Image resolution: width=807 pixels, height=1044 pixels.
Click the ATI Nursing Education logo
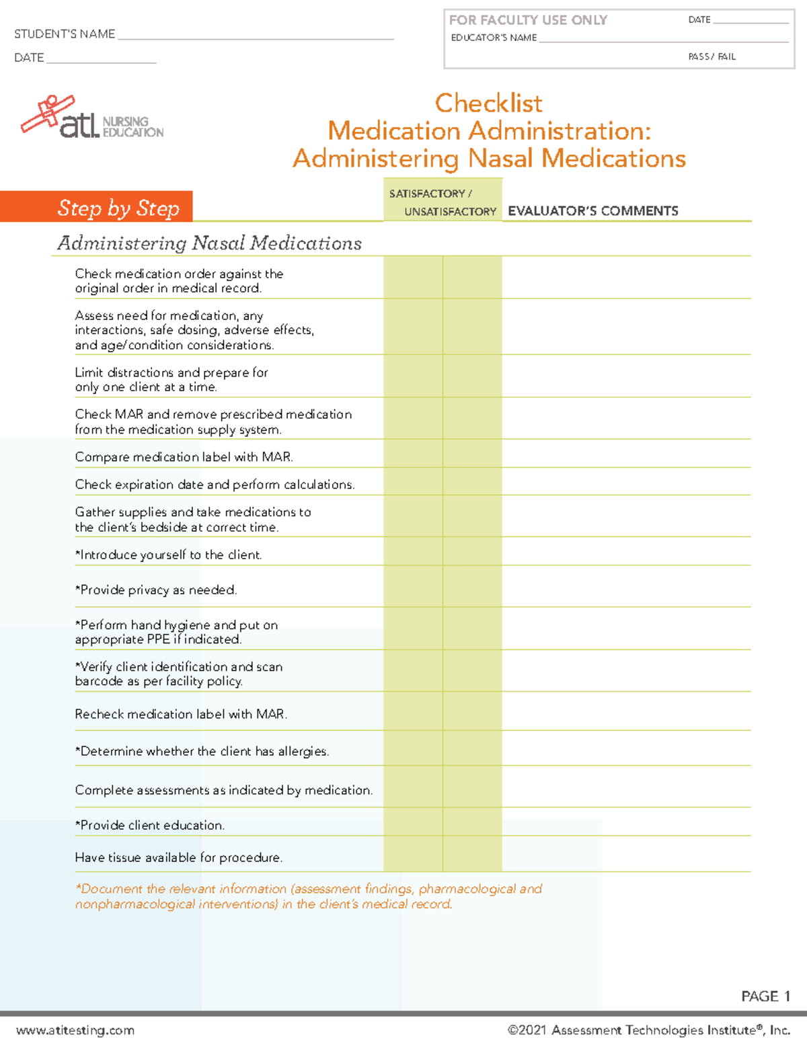tap(92, 118)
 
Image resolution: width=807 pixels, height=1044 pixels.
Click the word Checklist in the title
tap(488, 104)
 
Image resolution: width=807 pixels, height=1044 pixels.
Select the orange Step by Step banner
tap(97, 207)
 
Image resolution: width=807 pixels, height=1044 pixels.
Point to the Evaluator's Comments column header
tap(592, 211)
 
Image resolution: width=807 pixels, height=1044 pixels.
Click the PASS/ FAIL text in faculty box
tap(712, 57)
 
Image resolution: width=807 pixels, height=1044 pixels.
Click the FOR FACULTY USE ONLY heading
tap(528, 20)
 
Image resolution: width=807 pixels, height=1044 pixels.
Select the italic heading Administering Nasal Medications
tap(209, 243)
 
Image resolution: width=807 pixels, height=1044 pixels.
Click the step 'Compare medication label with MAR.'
tap(184, 457)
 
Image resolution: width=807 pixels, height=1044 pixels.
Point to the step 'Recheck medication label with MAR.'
tap(181, 714)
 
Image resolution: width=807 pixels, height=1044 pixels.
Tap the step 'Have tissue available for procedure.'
tap(178, 858)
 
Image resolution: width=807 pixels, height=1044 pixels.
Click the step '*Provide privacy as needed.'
tap(156, 590)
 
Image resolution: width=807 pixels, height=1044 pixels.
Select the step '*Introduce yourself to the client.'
tap(168, 555)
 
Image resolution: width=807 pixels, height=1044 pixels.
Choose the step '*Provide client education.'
tap(149, 825)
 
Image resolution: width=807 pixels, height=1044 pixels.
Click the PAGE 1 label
tap(765, 996)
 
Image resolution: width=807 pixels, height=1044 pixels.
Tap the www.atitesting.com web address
tap(75, 1030)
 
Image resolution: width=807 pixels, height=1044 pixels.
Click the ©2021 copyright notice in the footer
tap(648, 1030)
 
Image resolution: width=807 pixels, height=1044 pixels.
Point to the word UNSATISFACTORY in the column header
tap(450, 212)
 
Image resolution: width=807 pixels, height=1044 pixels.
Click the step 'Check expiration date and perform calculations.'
tap(215, 485)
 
